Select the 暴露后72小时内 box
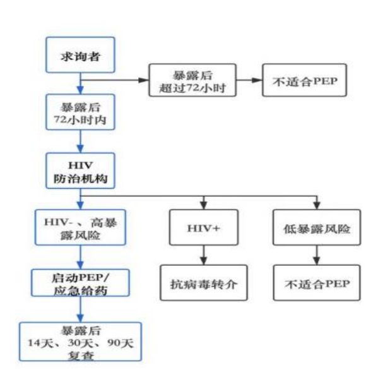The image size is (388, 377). tap(80, 112)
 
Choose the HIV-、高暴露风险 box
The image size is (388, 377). tap(80, 228)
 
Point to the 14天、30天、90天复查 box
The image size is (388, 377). tap(80, 342)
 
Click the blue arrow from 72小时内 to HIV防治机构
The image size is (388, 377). tap(80, 141)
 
